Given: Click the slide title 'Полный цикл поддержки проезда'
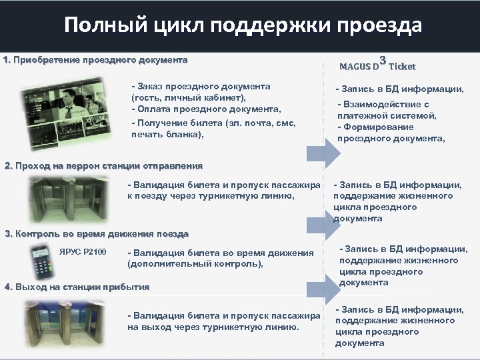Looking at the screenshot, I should pos(243,25).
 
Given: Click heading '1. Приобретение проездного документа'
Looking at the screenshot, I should pos(95,60).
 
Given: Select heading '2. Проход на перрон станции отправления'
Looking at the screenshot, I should pos(103,165).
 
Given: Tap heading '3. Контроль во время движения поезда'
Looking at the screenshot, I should pos(97,234).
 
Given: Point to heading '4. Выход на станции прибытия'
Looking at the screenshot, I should pos(77,287).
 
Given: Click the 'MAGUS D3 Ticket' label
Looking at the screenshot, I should pos(377,65).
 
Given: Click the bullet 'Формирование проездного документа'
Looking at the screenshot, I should pos(391,133).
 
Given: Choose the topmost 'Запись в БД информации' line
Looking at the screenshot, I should pos(400,89).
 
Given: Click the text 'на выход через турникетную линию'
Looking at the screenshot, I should pos(213,327).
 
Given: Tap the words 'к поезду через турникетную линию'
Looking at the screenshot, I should pos(210,195).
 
